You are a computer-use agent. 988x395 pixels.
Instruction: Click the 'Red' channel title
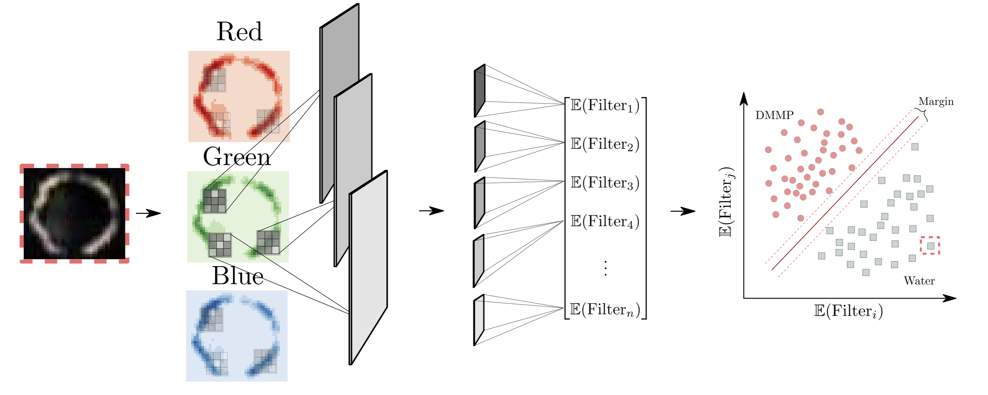pyautogui.click(x=239, y=31)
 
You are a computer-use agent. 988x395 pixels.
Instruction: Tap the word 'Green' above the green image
pyautogui.click(x=237, y=157)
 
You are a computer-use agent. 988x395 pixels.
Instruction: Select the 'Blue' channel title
pyautogui.click(x=237, y=276)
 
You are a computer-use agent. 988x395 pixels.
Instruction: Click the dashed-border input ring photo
pyautogui.click(x=75, y=214)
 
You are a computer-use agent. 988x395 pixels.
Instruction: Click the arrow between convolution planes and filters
pyautogui.click(x=431, y=210)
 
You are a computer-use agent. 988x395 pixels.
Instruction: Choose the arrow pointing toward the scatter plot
pyautogui.click(x=683, y=211)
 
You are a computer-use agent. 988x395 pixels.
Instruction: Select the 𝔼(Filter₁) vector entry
pyautogui.click(x=605, y=106)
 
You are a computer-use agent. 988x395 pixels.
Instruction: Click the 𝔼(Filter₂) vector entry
pyautogui.click(x=605, y=144)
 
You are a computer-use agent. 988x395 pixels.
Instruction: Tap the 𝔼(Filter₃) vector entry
pyautogui.click(x=605, y=183)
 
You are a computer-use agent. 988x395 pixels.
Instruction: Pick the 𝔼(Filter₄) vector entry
pyautogui.click(x=605, y=221)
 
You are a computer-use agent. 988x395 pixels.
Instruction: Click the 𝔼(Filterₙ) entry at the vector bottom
pyautogui.click(x=605, y=309)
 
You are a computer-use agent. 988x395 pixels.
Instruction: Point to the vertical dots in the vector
pyautogui.click(x=605, y=269)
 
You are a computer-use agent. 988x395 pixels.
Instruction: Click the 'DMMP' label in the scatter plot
pyautogui.click(x=774, y=115)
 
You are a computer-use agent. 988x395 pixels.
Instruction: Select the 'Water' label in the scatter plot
pyautogui.click(x=919, y=281)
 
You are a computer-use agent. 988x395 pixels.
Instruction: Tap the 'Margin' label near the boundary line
pyautogui.click(x=935, y=102)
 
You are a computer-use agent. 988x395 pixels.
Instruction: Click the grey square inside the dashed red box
pyautogui.click(x=930, y=246)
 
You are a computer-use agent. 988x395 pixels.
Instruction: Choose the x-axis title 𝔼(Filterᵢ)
pyautogui.click(x=848, y=311)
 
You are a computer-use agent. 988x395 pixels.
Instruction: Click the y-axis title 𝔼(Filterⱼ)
pyautogui.click(x=726, y=202)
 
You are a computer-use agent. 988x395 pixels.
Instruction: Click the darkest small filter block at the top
pyautogui.click(x=480, y=91)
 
